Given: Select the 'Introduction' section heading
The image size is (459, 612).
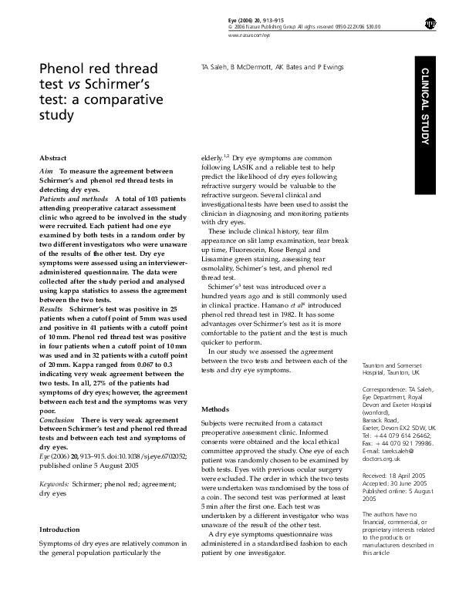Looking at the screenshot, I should (59, 508).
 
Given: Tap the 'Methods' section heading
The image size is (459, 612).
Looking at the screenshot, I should (214, 409).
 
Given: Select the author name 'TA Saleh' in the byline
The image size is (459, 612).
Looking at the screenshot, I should (215, 68).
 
